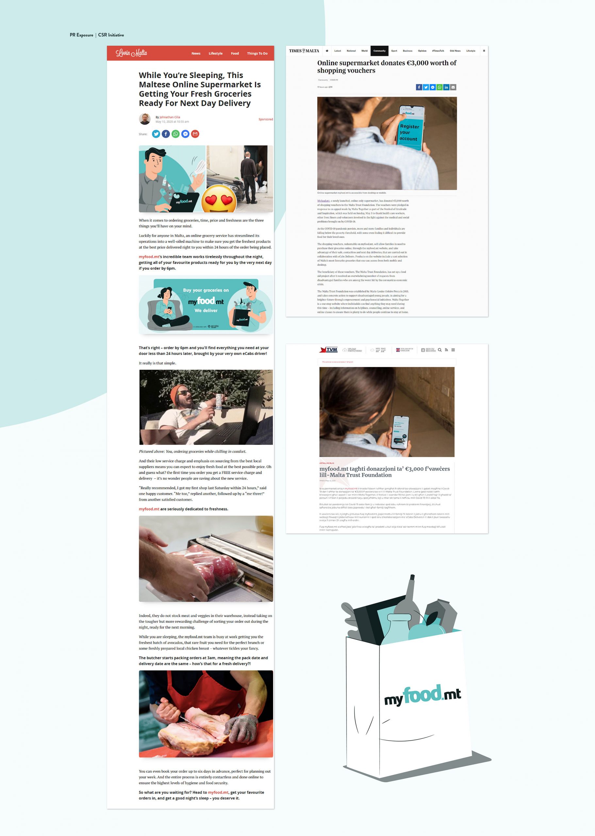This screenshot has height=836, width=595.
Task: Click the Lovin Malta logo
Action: pyautogui.click(x=131, y=53)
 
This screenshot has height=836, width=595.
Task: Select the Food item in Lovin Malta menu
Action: pyautogui.click(x=235, y=54)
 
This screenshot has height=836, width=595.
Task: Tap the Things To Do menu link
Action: pyautogui.click(x=257, y=54)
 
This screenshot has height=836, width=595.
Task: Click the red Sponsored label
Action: pyautogui.click(x=266, y=120)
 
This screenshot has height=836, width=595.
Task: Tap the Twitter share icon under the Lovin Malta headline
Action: pyautogui.click(x=156, y=134)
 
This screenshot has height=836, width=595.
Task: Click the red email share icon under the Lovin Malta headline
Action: pyautogui.click(x=195, y=134)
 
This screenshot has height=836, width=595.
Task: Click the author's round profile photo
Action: pyautogui.click(x=145, y=119)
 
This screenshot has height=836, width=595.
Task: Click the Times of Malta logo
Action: pyautogui.click(x=304, y=51)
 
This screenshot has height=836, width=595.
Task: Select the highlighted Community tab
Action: pyautogui.click(x=379, y=51)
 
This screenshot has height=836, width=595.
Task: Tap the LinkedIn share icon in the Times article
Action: pyautogui.click(x=446, y=87)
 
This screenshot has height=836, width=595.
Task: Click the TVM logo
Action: pyautogui.click(x=328, y=350)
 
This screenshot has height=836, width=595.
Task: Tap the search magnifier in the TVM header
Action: pyautogui.click(x=440, y=350)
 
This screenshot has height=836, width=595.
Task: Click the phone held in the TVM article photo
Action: pyautogui.click(x=400, y=432)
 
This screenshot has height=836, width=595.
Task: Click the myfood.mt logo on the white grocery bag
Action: pyautogui.click(x=422, y=695)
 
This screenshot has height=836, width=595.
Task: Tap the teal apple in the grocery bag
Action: pyautogui.click(x=425, y=631)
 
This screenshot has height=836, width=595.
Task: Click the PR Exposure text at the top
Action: pyautogui.click(x=81, y=35)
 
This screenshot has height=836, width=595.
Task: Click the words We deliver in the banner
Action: pyautogui.click(x=206, y=311)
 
